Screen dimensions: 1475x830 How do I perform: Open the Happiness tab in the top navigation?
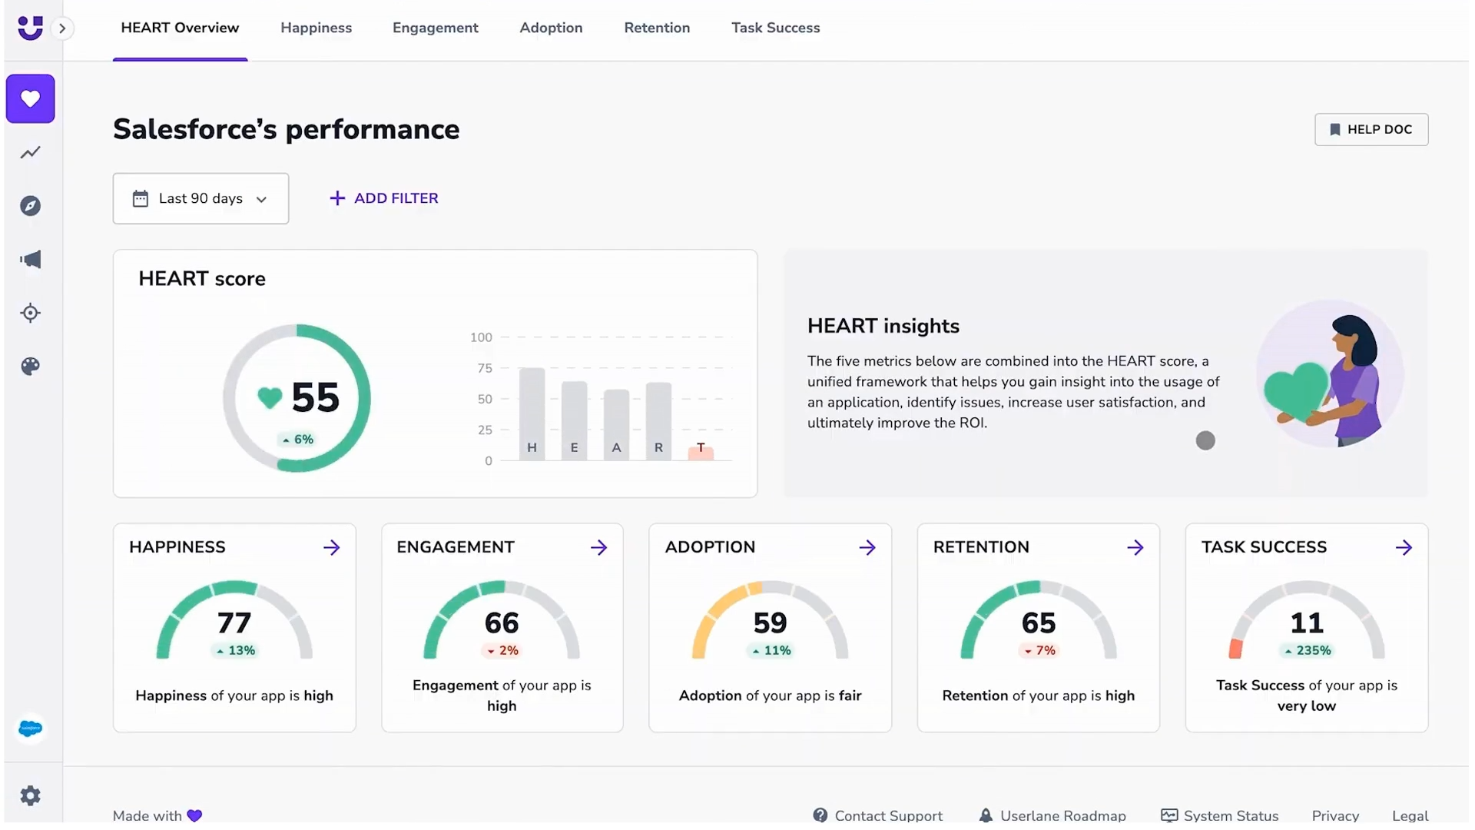pos(316,28)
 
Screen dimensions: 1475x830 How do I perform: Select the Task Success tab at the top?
pos(775,28)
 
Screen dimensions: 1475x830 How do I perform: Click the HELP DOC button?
pos(1371,129)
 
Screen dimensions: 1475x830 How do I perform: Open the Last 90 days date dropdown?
pos(201,198)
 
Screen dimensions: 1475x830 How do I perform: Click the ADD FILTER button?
pos(383,198)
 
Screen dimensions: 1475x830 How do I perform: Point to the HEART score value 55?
pos(315,397)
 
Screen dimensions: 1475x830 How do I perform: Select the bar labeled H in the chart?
pos(532,414)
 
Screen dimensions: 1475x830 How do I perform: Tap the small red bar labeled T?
pos(701,453)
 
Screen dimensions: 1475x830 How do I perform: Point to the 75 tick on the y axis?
pos(485,368)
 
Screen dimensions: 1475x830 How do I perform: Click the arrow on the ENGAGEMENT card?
pos(598,547)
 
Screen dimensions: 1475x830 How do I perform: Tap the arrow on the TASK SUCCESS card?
pos(1404,547)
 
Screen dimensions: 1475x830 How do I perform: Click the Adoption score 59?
pos(770,622)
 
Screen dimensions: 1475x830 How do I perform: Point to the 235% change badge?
pos(1307,650)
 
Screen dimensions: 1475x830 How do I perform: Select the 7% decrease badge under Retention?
pos(1039,650)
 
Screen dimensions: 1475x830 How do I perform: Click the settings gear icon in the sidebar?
pos(30,795)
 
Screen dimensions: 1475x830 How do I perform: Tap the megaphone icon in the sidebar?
pos(30,259)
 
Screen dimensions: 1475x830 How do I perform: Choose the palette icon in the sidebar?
pos(30,366)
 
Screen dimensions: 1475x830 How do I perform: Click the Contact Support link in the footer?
pos(878,815)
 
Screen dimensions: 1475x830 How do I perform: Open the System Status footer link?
pos(1220,815)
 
